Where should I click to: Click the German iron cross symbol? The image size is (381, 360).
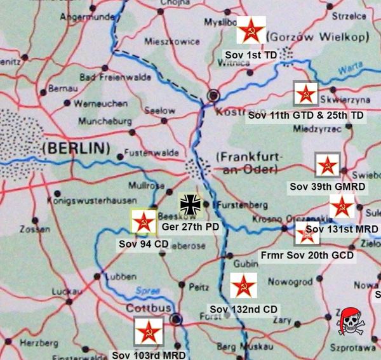coord(190,204)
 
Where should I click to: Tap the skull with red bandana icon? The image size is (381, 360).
coord(351,321)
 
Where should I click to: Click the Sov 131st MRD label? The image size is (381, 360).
coord(342,229)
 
